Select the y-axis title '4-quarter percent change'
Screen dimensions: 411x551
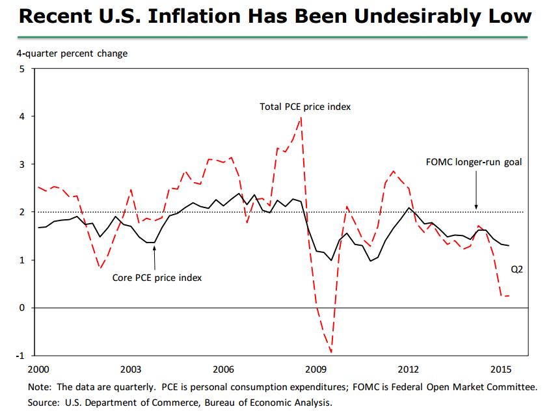(x=72, y=53)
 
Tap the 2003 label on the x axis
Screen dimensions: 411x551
(x=131, y=369)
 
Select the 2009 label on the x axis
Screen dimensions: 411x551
(x=316, y=369)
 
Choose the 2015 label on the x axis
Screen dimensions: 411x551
(x=501, y=369)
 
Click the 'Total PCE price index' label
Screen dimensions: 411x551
(x=305, y=107)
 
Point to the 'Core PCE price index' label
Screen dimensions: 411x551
(x=157, y=278)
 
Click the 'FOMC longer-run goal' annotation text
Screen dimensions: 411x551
(x=474, y=162)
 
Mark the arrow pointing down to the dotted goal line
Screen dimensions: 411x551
(x=477, y=192)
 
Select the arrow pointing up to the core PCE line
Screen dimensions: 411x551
(x=154, y=257)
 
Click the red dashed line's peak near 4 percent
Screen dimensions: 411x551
(x=300, y=118)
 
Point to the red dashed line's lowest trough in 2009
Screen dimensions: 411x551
(x=331, y=352)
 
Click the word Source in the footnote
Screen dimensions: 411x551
(x=43, y=403)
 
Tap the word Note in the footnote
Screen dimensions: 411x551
(x=39, y=387)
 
